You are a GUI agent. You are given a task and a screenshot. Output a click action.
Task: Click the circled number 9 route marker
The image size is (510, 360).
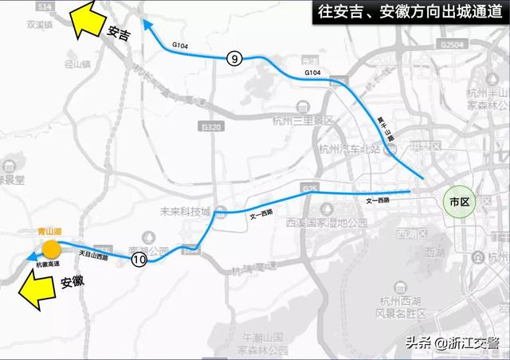coord(233,58)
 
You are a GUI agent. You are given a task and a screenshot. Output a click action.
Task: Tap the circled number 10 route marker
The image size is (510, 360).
coord(139,259)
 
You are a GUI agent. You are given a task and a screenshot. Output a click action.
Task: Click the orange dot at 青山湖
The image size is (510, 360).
coord(51,248)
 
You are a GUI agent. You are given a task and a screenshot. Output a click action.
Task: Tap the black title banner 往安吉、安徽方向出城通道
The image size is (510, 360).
coord(406,14)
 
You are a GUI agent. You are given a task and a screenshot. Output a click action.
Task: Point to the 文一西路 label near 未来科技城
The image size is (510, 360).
coord(261,217)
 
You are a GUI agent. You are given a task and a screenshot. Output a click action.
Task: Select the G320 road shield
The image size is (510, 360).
coord(212,127)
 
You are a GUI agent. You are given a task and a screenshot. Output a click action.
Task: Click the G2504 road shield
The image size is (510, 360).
coord(452,46)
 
